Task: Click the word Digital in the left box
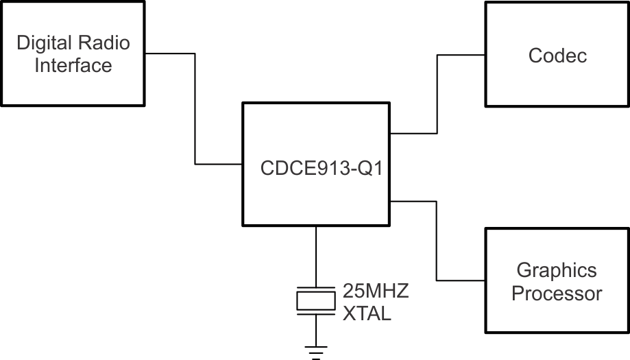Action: (43, 44)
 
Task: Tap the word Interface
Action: (73, 66)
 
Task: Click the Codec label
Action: (557, 56)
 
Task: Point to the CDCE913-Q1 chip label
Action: (316, 167)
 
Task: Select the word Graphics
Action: (557, 270)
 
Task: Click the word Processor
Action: (557, 293)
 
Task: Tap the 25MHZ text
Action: (376, 291)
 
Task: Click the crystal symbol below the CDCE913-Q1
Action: (316, 301)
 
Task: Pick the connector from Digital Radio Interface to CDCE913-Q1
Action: (195, 110)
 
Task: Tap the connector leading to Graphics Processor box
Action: (437, 240)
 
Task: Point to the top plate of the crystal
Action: (316, 288)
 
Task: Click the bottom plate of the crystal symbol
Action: (316, 314)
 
